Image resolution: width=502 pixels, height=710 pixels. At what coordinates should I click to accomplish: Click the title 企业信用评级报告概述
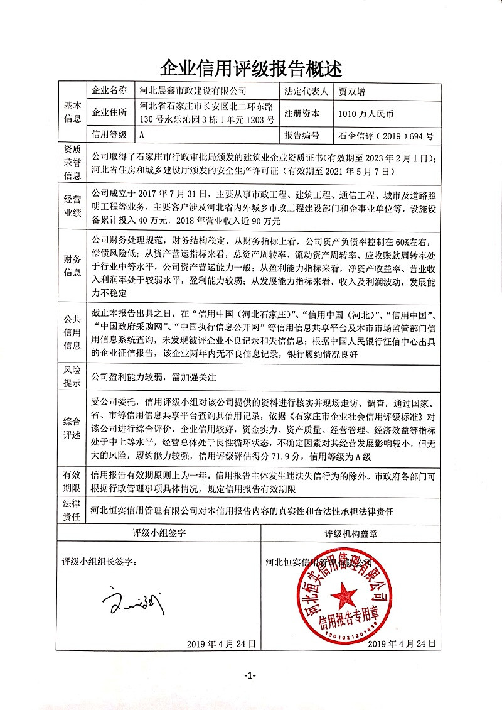tap(251, 68)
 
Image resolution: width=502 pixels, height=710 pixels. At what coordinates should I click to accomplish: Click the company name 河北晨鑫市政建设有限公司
tap(193, 91)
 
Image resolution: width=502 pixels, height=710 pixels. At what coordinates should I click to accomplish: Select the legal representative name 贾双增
tap(351, 91)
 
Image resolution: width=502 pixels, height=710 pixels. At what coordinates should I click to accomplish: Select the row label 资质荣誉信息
tap(72, 162)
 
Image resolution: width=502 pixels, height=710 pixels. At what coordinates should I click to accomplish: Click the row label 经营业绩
tap(72, 205)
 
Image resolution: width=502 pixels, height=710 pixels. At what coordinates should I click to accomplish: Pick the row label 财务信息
tap(72, 266)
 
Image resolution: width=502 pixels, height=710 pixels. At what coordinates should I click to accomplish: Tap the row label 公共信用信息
tap(72, 333)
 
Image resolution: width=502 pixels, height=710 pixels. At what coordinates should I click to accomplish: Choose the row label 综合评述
tap(72, 429)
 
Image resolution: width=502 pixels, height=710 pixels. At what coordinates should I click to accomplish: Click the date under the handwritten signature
tap(222, 643)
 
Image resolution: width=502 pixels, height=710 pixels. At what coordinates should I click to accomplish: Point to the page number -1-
tap(250, 675)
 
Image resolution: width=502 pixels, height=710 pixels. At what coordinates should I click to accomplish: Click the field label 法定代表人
tap(307, 91)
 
